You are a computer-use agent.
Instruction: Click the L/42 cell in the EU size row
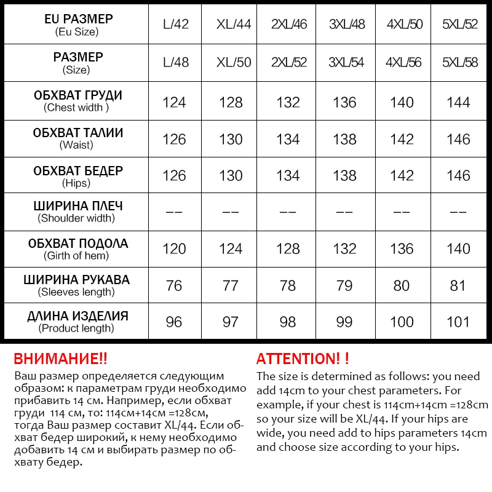tap(176, 25)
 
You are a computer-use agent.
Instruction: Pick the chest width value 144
tap(459, 102)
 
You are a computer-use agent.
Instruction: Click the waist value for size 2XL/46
tap(288, 140)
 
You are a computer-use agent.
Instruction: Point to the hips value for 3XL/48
tap(344, 176)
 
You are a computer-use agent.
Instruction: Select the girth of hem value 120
tap(174, 249)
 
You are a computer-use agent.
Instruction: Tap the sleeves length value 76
tap(174, 285)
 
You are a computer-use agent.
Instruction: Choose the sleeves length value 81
tap(459, 285)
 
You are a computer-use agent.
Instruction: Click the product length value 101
tap(459, 322)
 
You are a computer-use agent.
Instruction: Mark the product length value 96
tap(174, 322)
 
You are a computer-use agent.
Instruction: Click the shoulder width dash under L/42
tap(174, 212)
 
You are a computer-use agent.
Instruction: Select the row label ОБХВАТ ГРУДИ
tap(77, 95)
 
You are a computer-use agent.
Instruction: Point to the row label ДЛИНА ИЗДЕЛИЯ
tap(77, 316)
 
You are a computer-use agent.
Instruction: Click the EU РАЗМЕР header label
tap(77, 19)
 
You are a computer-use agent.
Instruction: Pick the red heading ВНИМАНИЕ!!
tap(60, 359)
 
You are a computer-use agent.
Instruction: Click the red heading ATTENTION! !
tap(303, 359)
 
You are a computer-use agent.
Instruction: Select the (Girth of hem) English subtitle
tap(76, 256)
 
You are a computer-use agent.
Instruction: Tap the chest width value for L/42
tap(174, 102)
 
